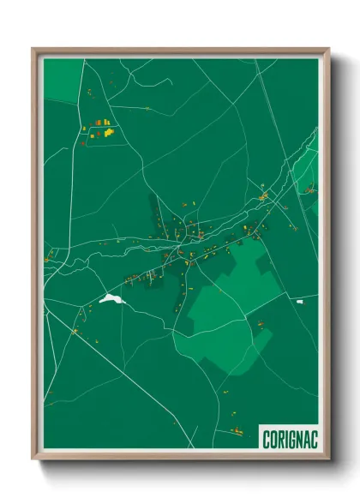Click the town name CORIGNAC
(288, 438)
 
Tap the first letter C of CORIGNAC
(265, 438)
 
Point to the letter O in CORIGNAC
(272, 438)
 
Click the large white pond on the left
(111, 299)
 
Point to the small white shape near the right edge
(300, 302)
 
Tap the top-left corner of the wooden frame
(33, 49)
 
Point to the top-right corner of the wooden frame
(328, 49)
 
